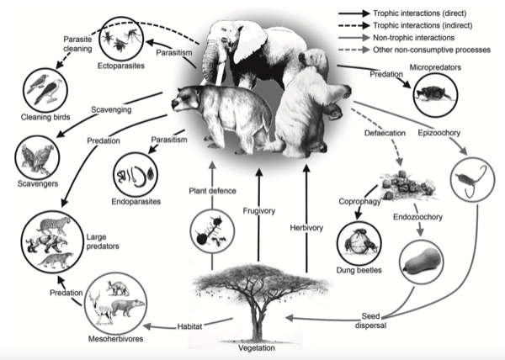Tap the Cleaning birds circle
[x=40, y=87]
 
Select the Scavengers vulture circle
[x=36, y=154]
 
